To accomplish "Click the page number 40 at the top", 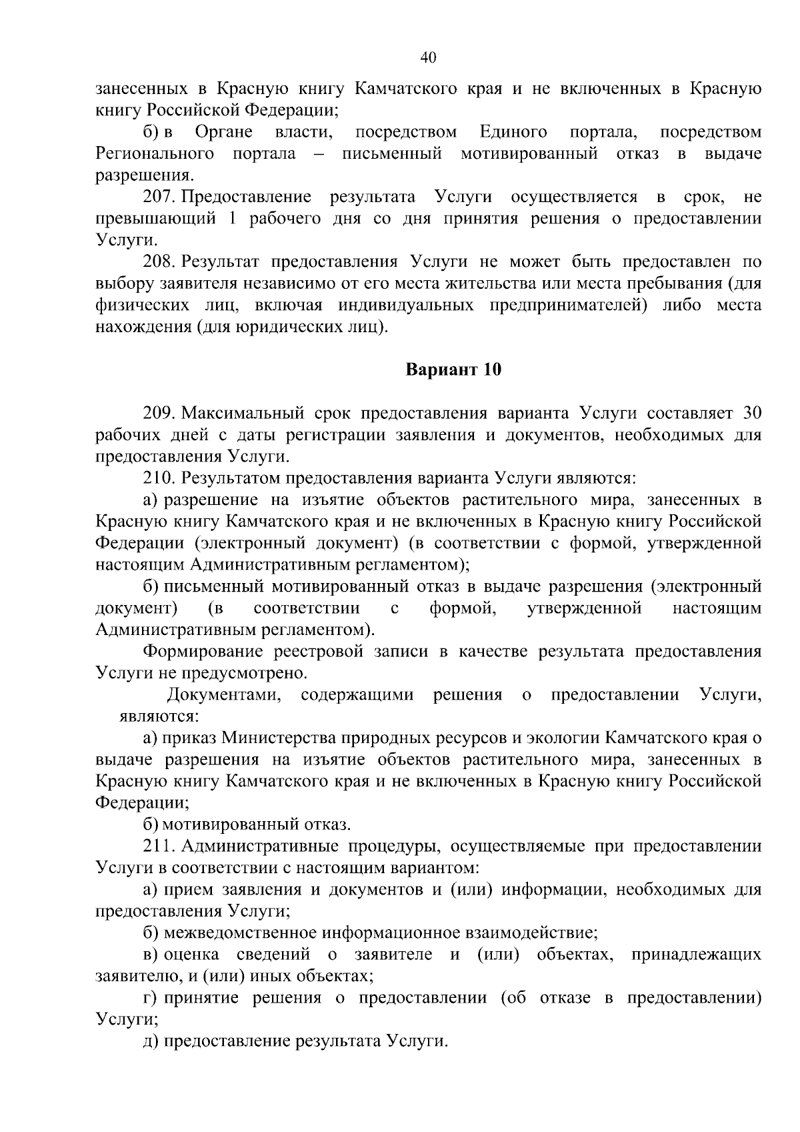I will pyautogui.click(x=428, y=58).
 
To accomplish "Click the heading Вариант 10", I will pyautogui.click(x=453, y=370).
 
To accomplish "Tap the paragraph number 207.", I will pyautogui.click(x=159, y=197).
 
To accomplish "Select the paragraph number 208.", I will pyautogui.click(x=159, y=261).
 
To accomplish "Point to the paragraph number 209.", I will pyautogui.click(x=159, y=413).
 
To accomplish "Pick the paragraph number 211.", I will pyautogui.click(x=159, y=846).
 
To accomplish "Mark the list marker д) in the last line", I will pyautogui.click(x=151, y=1041).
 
